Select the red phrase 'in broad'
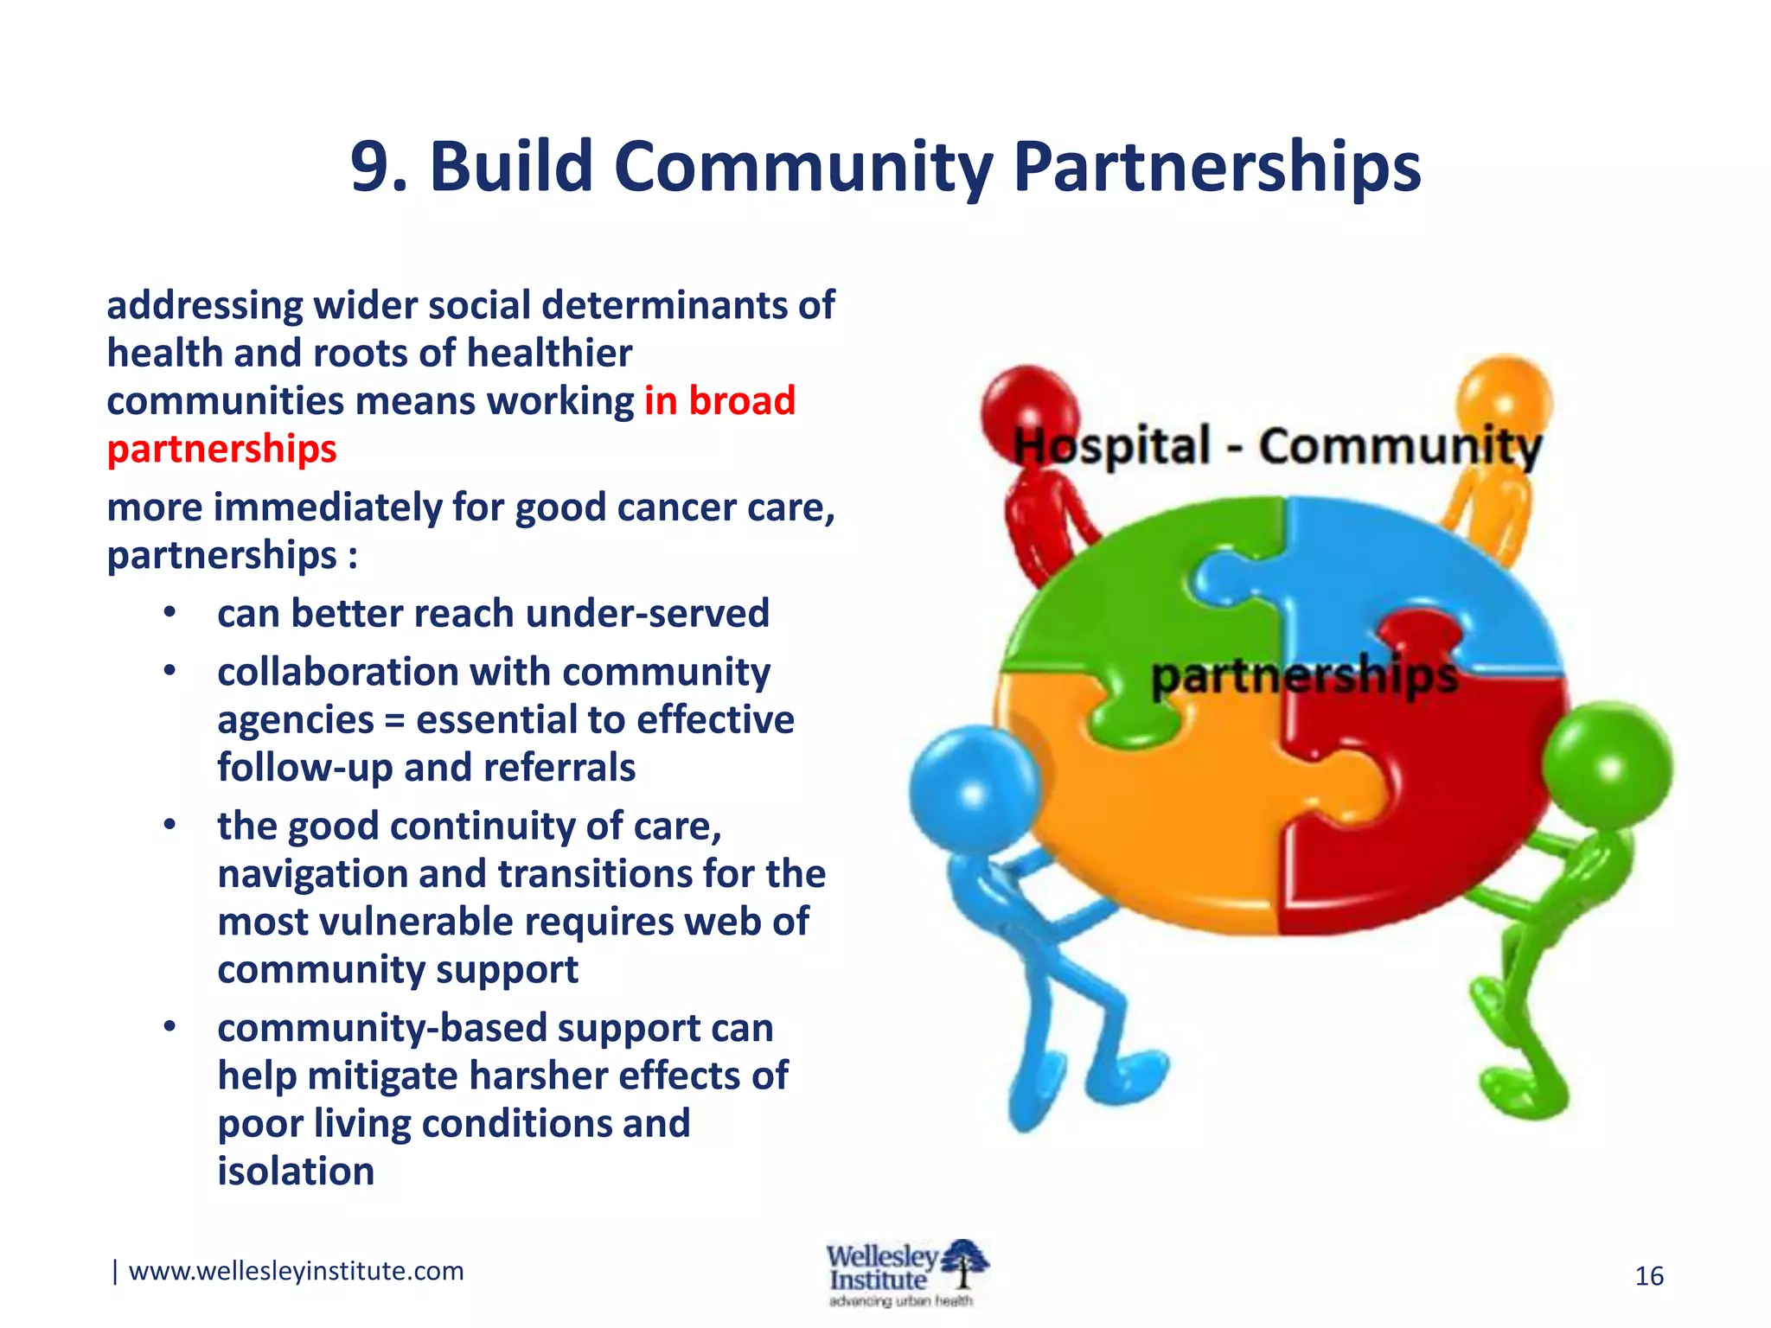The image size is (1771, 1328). (x=719, y=401)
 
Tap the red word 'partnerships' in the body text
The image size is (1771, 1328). (x=221, y=450)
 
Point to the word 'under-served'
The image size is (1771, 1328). (x=647, y=614)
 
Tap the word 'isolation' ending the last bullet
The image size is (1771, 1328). (x=296, y=1172)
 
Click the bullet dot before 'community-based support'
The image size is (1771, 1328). (x=169, y=1027)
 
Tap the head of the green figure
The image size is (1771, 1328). (x=1607, y=766)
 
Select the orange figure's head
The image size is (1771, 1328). (x=1505, y=399)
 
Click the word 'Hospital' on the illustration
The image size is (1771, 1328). (x=1111, y=447)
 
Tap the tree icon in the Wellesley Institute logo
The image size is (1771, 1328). (x=965, y=1264)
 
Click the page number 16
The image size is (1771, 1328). (x=1649, y=1276)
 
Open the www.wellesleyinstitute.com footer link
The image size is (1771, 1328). (x=296, y=1271)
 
